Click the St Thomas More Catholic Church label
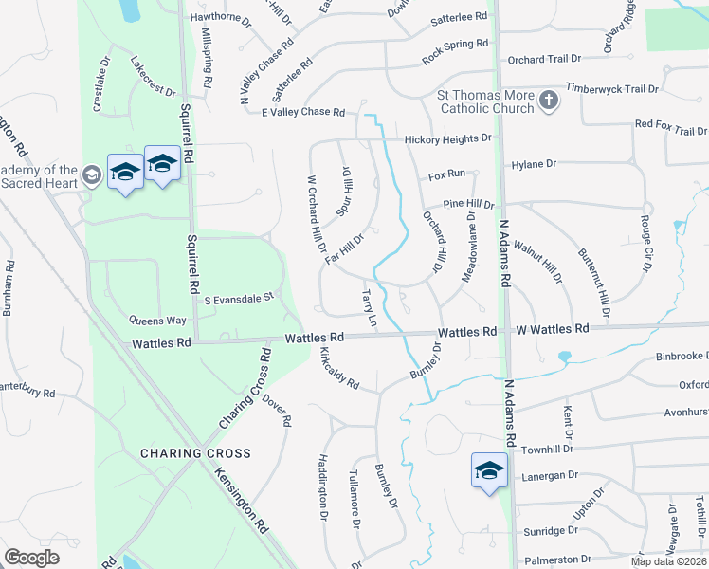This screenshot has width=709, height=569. pos(484,101)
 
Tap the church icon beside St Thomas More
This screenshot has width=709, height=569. pos(548,101)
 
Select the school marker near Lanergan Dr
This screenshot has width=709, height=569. pos(489,470)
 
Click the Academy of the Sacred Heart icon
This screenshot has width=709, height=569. pos(92,174)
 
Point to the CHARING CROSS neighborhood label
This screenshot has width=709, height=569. pos(196,453)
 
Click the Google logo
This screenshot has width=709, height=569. pos(32,558)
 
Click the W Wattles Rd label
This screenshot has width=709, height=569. pos(552,329)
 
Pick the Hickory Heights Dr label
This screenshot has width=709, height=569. pos(448,138)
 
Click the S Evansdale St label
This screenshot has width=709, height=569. pos(239,299)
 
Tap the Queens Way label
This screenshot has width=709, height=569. pos(159,321)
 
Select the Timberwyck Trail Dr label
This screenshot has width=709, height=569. pos(611,88)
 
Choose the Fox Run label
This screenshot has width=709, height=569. pos(446,174)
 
